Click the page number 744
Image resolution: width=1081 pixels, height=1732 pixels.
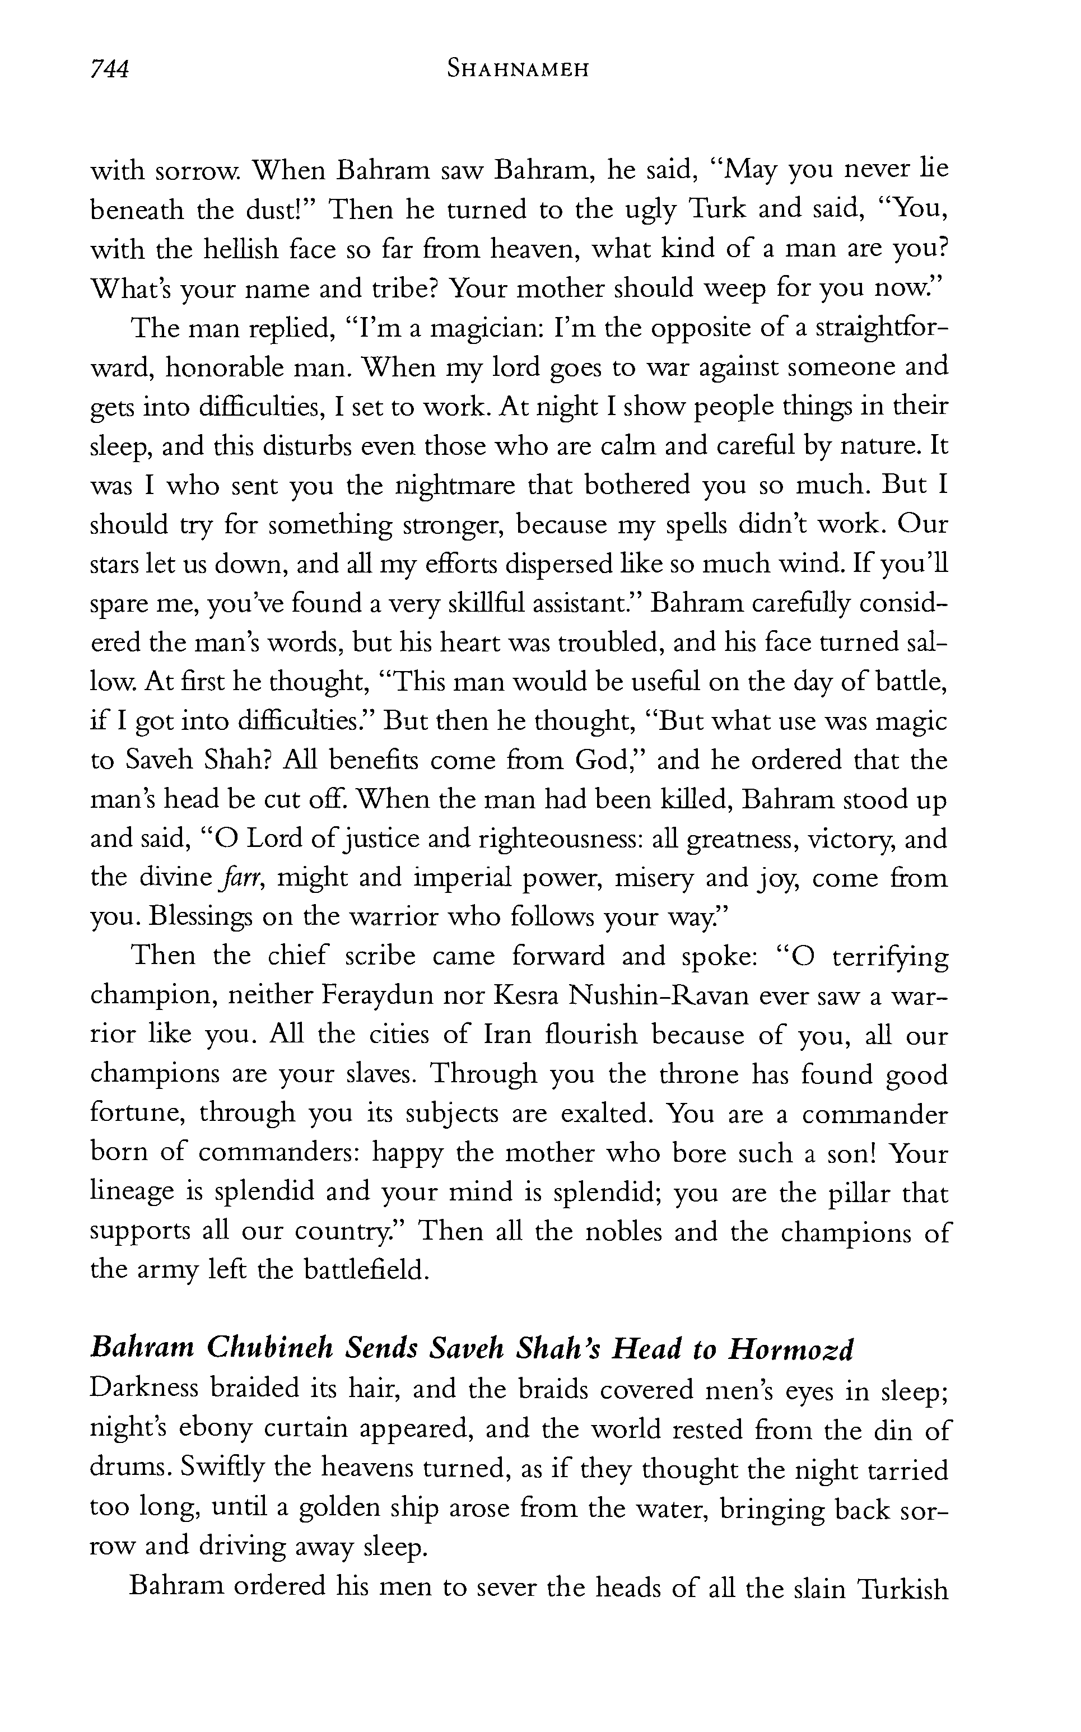(x=109, y=69)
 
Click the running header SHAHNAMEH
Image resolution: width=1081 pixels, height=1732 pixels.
(x=517, y=69)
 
